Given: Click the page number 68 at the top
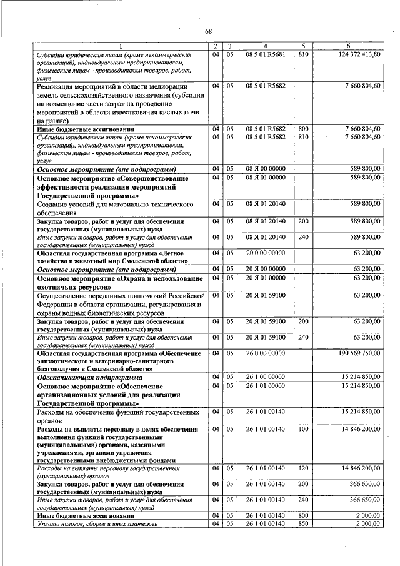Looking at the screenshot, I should click(x=209, y=31).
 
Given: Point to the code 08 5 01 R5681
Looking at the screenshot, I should click(x=265, y=55).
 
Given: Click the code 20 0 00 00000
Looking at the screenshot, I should click(x=265, y=253).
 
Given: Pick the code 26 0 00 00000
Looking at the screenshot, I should click(x=265, y=353).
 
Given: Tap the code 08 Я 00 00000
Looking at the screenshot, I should click(x=265, y=169).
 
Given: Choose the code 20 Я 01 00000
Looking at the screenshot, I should click(x=265, y=278).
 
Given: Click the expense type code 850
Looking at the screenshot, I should click(x=304, y=523).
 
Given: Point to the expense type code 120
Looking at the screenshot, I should click(x=304, y=468).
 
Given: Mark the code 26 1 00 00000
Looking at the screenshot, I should click(x=265, y=378).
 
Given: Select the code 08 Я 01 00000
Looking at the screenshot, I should click(x=265, y=178).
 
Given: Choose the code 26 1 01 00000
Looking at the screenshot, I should click(x=265, y=387).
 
